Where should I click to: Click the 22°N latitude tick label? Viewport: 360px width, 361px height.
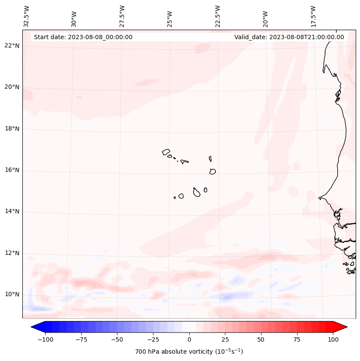click(12, 46)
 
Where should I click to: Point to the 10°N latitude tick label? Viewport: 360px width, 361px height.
click(12, 295)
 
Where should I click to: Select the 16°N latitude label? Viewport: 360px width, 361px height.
click(12, 170)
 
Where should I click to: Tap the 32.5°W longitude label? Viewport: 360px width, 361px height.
click(27, 16)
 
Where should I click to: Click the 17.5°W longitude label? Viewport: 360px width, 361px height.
click(313, 16)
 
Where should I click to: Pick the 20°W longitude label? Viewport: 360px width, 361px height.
click(265, 18)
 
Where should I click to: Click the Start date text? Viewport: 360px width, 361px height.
click(83, 37)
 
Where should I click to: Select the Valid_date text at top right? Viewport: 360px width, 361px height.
click(289, 37)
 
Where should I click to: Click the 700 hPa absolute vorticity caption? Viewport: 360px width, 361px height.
click(189, 352)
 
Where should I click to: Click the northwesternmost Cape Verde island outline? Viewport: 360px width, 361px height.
click(166, 152)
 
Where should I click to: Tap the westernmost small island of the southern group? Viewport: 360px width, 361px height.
click(175, 197)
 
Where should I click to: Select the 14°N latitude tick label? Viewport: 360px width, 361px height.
click(12, 211)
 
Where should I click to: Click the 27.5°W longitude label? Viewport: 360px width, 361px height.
click(122, 16)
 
